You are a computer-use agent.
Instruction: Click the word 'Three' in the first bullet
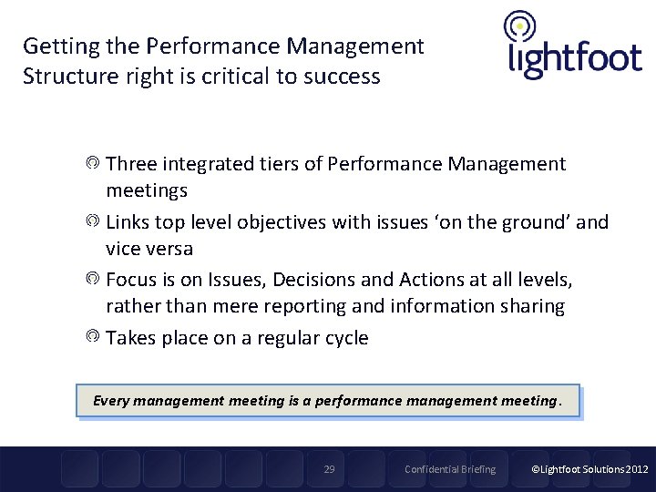coord(131,164)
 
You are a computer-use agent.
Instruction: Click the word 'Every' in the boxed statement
coord(112,400)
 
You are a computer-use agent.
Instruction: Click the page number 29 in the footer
coord(330,469)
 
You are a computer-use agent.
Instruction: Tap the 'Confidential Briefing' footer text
coord(450,469)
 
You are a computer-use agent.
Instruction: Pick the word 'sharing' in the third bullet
coord(531,306)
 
